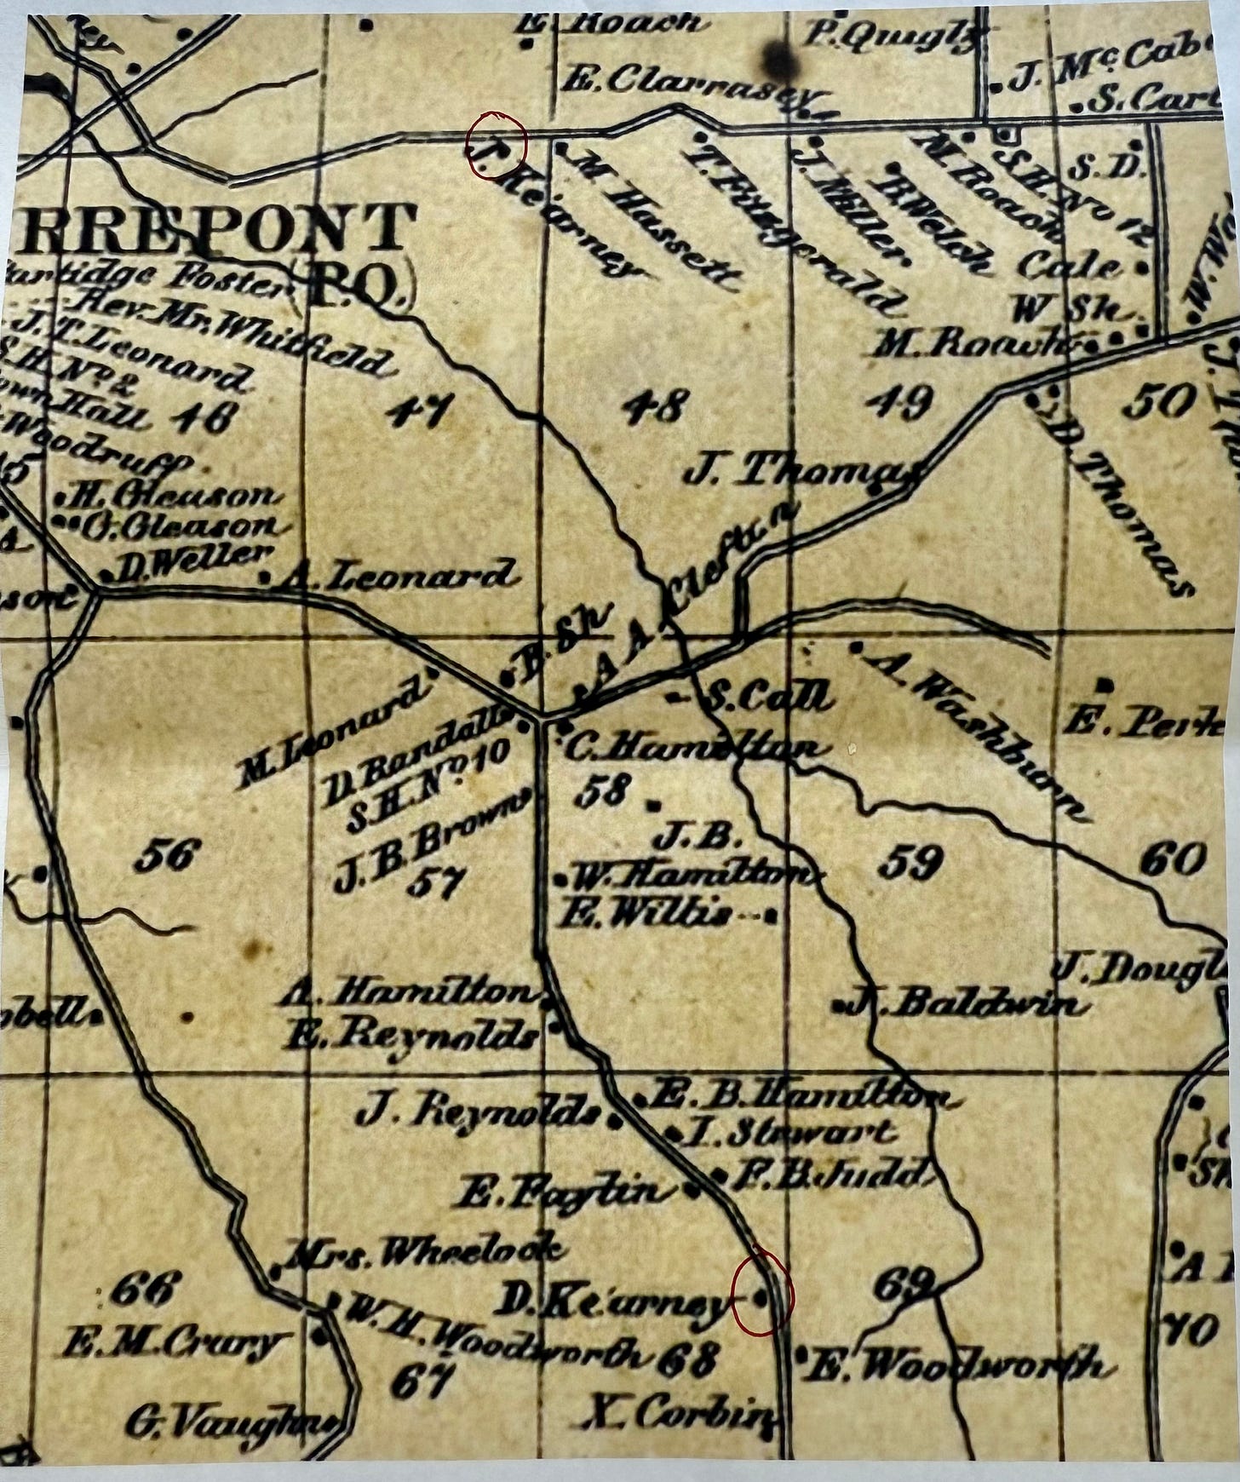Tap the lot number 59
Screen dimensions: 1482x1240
pos(910,863)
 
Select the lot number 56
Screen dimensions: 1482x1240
pos(169,854)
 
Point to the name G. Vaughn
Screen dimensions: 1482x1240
pos(230,1422)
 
